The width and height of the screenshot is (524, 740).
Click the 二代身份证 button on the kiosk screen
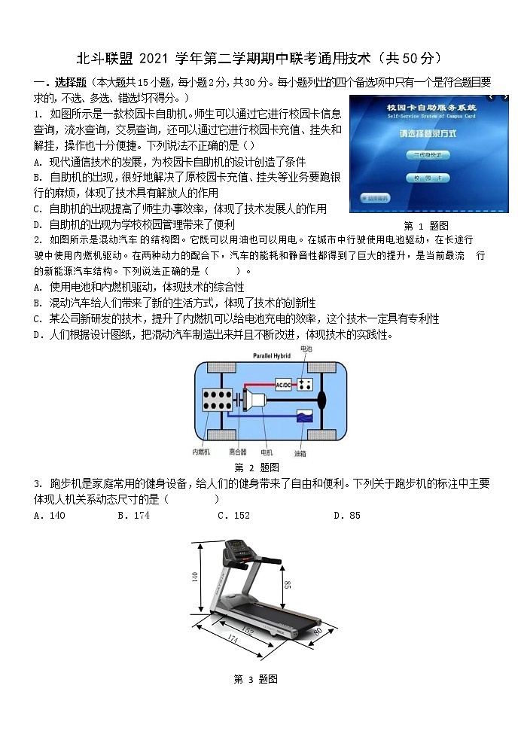(x=427, y=154)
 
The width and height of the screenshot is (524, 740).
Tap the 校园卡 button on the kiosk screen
(x=427, y=178)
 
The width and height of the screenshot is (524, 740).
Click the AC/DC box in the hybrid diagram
(x=283, y=385)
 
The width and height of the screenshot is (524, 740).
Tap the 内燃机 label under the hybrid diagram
(x=201, y=453)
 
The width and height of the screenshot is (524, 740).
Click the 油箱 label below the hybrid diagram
(x=300, y=453)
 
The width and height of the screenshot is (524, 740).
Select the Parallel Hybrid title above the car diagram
(x=272, y=355)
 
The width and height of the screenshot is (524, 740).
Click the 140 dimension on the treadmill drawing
(x=195, y=577)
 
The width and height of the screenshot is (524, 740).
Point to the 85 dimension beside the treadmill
(x=287, y=585)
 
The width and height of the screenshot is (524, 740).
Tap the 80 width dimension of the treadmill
(x=317, y=631)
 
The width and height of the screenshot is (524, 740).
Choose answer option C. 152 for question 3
(x=233, y=516)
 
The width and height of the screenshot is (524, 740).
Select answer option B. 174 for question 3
(x=133, y=516)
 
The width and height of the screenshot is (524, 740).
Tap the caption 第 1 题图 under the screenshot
(x=426, y=226)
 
